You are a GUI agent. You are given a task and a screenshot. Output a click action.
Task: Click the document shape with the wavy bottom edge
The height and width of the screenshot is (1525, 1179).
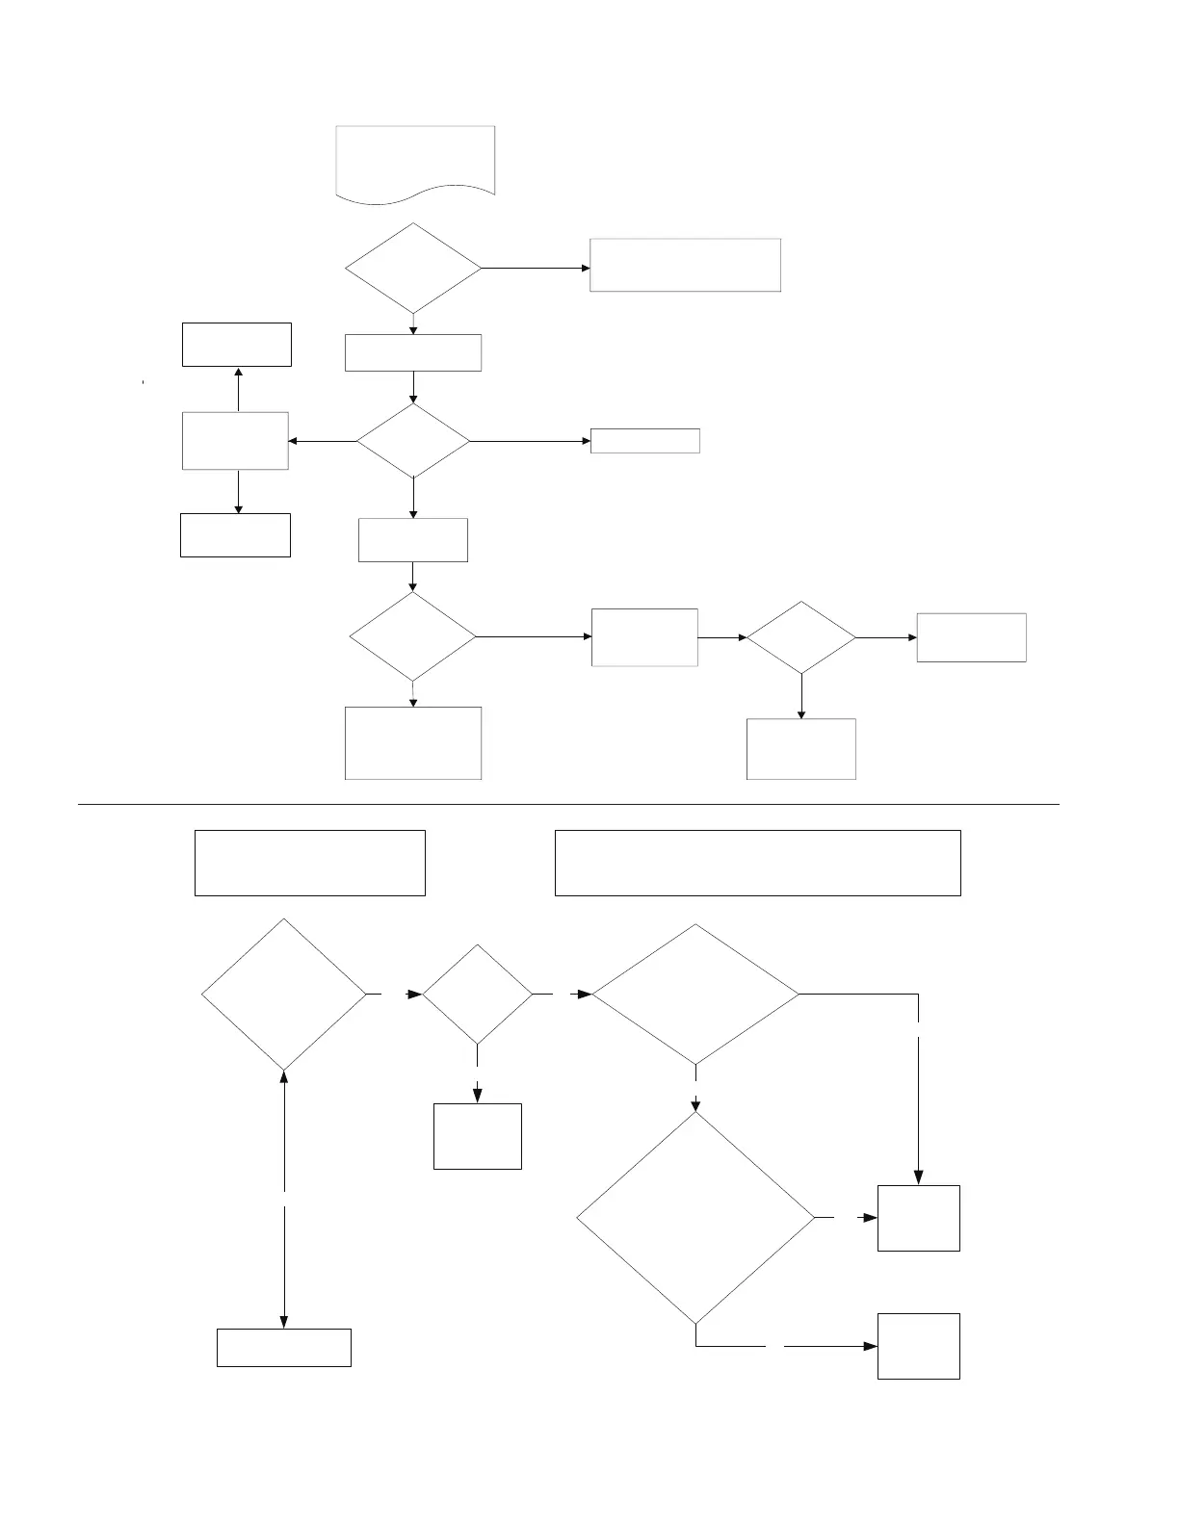415,161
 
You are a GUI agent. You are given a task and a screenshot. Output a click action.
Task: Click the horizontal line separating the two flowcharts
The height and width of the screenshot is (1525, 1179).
568,803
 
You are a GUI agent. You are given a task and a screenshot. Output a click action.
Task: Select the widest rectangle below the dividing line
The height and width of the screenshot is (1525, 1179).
757,863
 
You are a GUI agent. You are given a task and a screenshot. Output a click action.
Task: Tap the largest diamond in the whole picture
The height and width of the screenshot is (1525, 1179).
695,1218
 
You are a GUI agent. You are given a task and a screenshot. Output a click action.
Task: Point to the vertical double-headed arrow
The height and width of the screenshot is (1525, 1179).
284,1199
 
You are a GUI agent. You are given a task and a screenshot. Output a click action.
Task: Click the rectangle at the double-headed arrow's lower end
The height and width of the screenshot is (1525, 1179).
284,1347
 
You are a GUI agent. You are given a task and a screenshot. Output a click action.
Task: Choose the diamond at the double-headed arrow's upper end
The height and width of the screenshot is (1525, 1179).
284,994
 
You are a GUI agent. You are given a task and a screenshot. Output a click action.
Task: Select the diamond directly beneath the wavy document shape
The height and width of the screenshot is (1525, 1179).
413,269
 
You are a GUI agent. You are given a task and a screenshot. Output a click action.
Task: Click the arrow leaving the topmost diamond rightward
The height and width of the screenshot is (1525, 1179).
536,268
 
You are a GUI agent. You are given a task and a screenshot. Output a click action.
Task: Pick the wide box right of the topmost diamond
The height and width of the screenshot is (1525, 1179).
685,265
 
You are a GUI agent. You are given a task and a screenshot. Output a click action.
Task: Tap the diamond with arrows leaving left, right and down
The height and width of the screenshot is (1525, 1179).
413,441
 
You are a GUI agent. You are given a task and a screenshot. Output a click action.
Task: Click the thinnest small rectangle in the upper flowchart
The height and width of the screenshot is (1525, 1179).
644,441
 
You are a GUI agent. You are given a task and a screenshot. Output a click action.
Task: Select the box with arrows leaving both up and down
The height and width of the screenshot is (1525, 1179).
235,441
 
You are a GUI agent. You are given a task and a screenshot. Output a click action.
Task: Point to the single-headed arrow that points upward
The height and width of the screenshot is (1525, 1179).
238,389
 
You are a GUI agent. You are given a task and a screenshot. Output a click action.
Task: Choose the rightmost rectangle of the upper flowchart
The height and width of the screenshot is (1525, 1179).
971,637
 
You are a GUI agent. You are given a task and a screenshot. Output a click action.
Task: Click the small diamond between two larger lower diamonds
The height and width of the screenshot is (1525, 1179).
478,994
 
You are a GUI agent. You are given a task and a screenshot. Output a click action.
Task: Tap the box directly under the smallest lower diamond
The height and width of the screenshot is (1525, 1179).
478,1136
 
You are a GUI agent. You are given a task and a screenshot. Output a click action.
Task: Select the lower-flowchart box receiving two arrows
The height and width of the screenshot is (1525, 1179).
918,1218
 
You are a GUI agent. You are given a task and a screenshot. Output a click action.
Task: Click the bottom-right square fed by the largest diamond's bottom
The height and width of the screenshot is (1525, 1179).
918,1346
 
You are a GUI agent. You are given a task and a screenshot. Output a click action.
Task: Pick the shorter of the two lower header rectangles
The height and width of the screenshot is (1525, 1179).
309,863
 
